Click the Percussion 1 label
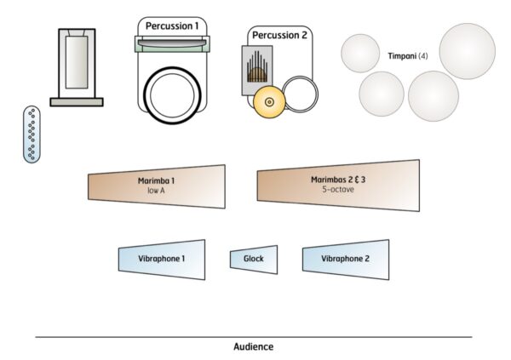(x=172, y=26)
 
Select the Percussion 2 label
(x=278, y=36)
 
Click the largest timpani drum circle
(x=467, y=51)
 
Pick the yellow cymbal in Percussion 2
(x=269, y=102)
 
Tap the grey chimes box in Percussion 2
(x=255, y=65)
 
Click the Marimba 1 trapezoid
(x=158, y=186)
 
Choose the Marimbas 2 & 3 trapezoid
(x=339, y=185)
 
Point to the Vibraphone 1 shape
(x=162, y=258)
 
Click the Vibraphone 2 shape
(x=345, y=258)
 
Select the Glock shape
(x=253, y=258)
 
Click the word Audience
(x=253, y=347)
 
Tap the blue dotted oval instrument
(x=32, y=134)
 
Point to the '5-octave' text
(x=338, y=190)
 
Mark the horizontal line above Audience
(x=253, y=337)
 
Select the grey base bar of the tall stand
(x=77, y=102)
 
